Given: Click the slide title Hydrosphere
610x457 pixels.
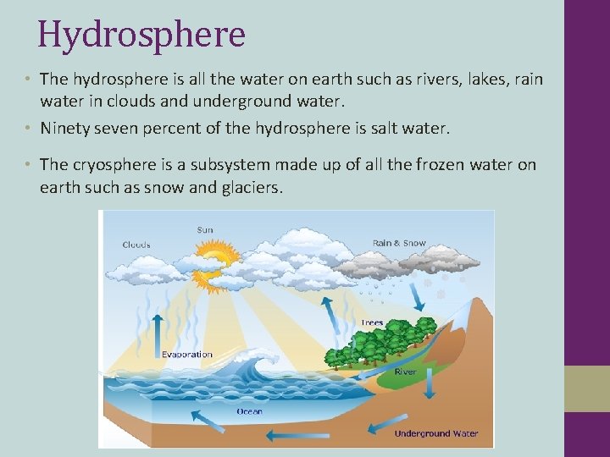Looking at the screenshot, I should coord(141,35).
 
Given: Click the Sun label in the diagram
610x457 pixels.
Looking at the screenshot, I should coord(205,229).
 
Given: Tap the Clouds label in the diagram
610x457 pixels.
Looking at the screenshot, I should coord(136,245).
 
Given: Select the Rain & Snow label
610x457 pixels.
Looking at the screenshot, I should coord(399,244).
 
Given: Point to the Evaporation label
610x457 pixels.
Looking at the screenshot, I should coord(187,354).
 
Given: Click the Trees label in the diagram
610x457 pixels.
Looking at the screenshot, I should coord(372,322).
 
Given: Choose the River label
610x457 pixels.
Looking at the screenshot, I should coord(406,372).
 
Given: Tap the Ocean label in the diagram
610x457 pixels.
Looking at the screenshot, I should coord(249,411).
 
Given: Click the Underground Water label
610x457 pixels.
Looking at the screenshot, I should coord(435,433).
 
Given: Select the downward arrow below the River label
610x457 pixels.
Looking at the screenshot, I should coord(429,387).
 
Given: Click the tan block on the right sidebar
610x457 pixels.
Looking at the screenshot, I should coord(587,388).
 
